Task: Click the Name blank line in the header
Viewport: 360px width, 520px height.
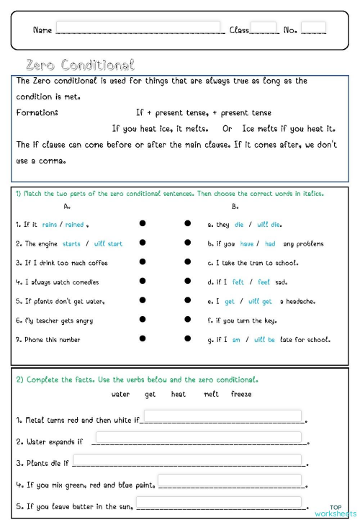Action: [x=139, y=29]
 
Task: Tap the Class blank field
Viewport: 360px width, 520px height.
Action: [x=264, y=29]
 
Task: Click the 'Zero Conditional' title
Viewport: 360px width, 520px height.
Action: [x=79, y=65]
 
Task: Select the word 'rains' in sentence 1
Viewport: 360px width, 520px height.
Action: [x=49, y=225]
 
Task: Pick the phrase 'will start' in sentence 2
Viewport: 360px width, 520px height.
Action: [x=108, y=244]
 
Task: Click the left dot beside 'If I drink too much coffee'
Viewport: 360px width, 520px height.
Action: [x=143, y=263]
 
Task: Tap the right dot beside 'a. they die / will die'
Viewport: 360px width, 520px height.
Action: [x=187, y=225]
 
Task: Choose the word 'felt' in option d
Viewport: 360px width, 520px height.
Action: [x=238, y=282]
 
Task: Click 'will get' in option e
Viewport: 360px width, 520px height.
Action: [x=260, y=301]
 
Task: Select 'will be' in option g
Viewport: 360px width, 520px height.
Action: [x=264, y=339]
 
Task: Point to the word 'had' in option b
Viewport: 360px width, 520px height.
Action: [x=270, y=244]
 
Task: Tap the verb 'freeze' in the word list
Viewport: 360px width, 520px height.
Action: [x=240, y=394]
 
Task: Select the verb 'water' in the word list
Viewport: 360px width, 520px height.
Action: [x=121, y=394]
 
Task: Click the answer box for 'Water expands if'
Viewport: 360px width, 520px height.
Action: [x=198, y=437]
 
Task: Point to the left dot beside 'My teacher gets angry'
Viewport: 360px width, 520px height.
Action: [x=143, y=320]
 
